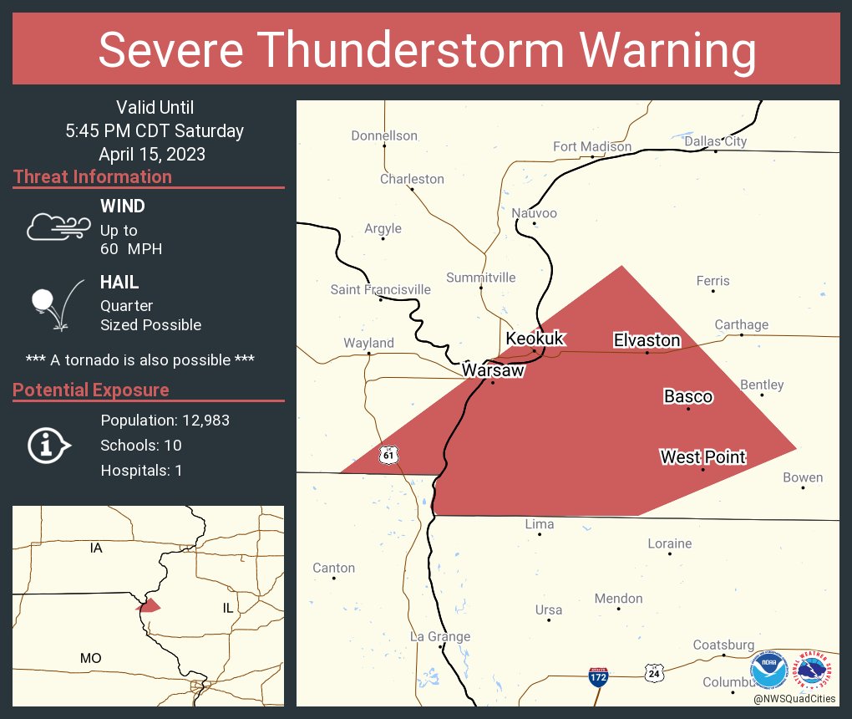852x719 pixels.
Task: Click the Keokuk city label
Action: [x=535, y=339]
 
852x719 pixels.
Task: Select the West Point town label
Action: [x=702, y=456]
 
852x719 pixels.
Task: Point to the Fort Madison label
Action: [x=592, y=146]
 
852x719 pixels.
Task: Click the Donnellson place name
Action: [x=384, y=135]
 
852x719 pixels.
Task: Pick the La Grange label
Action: [x=440, y=636]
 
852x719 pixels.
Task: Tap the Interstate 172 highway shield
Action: [x=597, y=676]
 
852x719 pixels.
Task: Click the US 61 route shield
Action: [x=388, y=454]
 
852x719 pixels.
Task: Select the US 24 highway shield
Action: [x=654, y=671]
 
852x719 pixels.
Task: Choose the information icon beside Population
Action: [x=49, y=446]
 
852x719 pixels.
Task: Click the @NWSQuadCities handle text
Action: [x=794, y=699]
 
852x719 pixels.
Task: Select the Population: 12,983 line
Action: [x=165, y=421]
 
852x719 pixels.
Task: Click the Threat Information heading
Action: [x=93, y=176]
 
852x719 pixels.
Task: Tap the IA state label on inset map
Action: [x=96, y=548]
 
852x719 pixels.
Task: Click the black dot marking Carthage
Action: [x=742, y=335]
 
